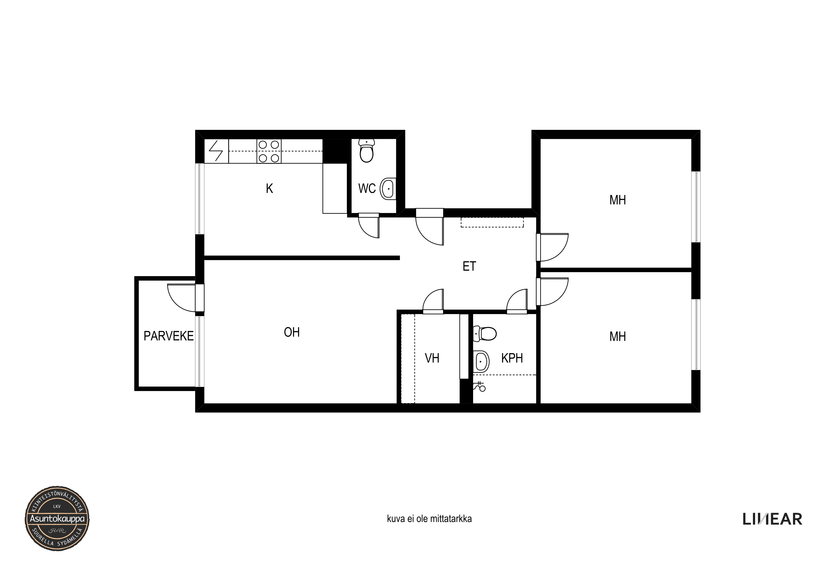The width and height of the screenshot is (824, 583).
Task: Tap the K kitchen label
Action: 269,189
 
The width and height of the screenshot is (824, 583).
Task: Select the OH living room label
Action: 291,332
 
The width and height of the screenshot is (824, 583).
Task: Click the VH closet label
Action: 432,358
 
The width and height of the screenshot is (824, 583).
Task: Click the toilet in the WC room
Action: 367,151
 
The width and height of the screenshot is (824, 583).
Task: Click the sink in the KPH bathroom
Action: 481,361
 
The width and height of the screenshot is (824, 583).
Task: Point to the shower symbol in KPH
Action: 479,386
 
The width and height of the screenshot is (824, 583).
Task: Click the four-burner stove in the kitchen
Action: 269,151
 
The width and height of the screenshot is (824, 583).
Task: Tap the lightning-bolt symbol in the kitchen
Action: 216,151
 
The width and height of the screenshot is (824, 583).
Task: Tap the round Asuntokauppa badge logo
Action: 57,518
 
